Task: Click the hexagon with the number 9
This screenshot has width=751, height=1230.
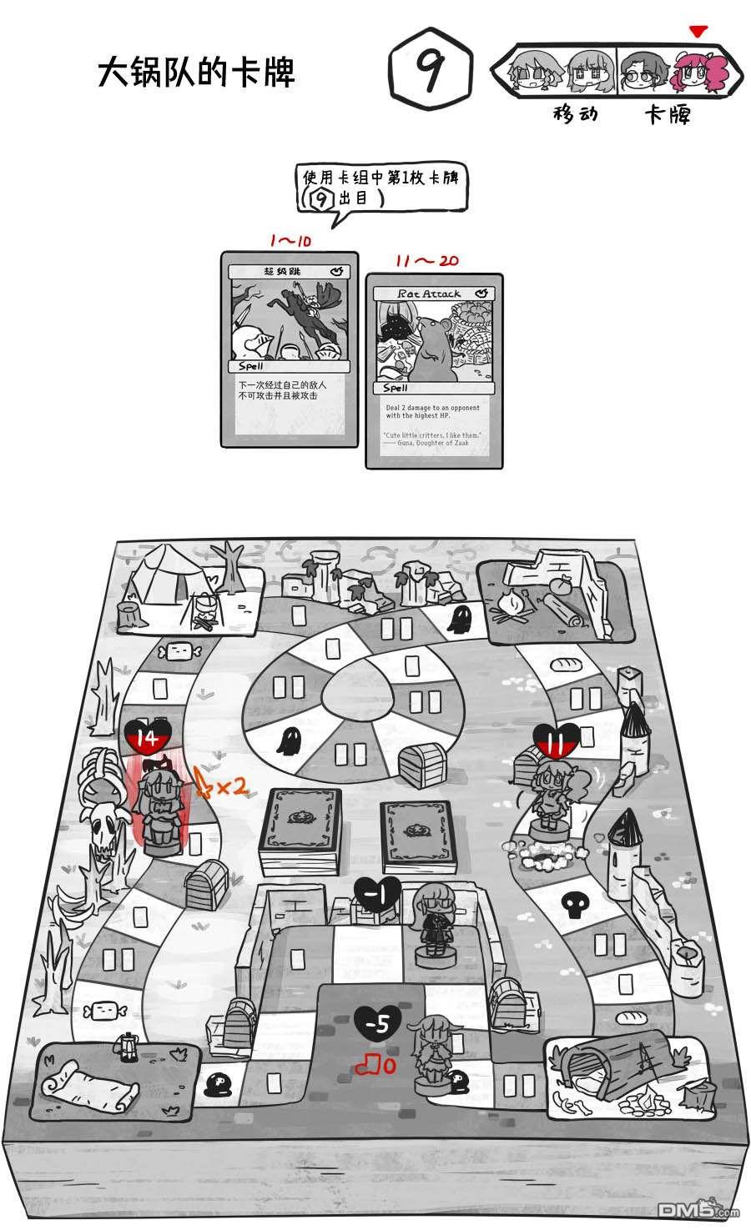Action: [x=431, y=73]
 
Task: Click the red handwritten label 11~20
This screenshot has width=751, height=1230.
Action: [x=426, y=261]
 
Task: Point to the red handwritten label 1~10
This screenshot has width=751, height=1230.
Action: [x=290, y=241]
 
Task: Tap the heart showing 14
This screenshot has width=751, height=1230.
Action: [x=149, y=737]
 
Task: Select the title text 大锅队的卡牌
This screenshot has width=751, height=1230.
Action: [x=197, y=73]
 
